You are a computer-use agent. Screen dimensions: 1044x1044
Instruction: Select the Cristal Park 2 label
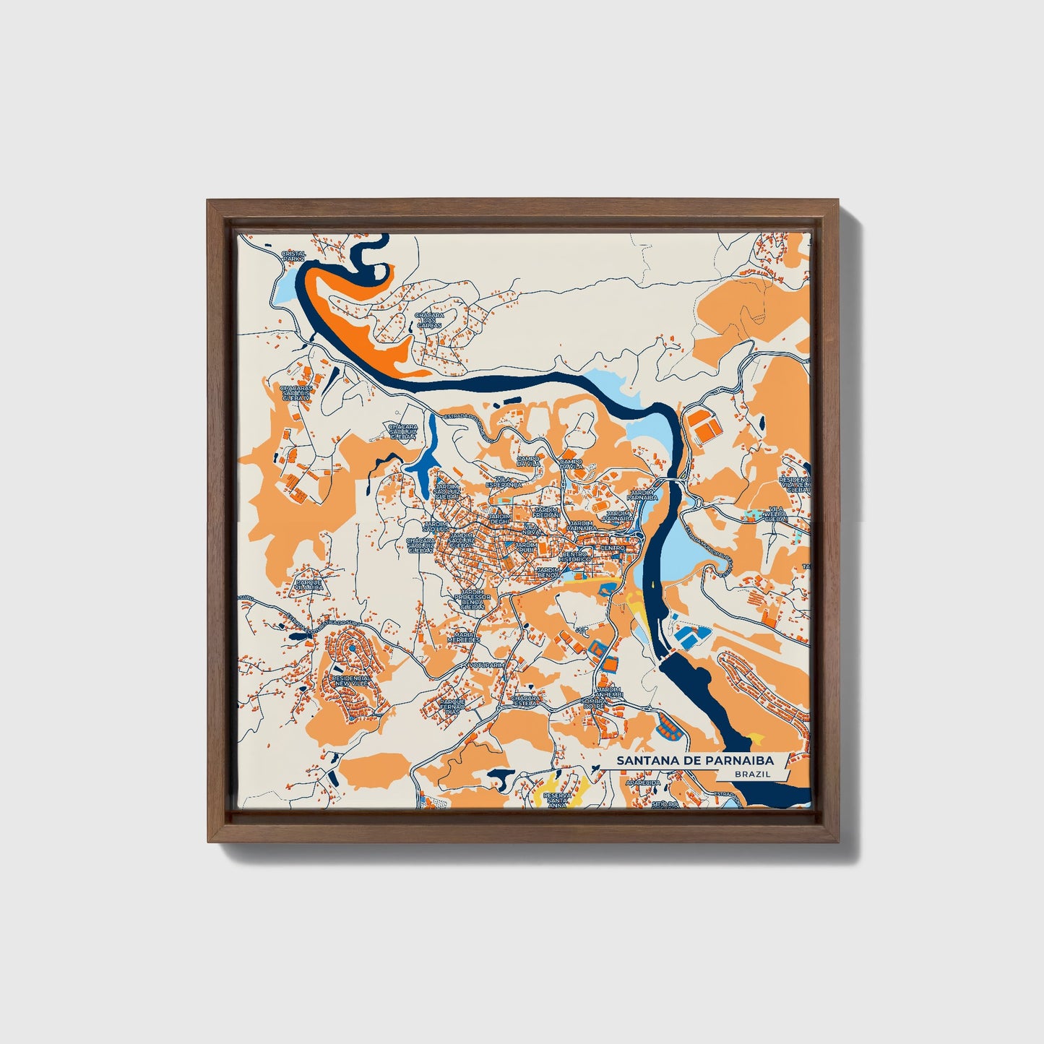[294, 256]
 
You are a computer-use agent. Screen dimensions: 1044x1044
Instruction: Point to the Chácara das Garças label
[428, 319]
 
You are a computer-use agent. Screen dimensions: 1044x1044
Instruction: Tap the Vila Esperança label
[504, 482]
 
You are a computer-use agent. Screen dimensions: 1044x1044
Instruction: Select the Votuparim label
[484, 663]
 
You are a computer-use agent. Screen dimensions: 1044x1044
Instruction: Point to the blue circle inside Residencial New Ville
[351, 648]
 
